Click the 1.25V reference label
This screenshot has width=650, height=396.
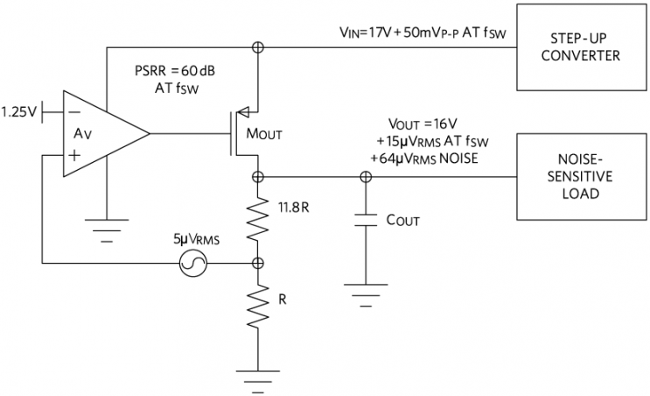(x=19, y=112)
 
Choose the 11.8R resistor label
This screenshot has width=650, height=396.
(x=294, y=209)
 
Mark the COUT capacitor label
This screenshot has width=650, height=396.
(x=403, y=220)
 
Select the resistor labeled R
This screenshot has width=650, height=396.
(x=258, y=307)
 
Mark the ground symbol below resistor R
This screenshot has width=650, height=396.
(x=258, y=378)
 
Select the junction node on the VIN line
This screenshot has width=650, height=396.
(x=258, y=47)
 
